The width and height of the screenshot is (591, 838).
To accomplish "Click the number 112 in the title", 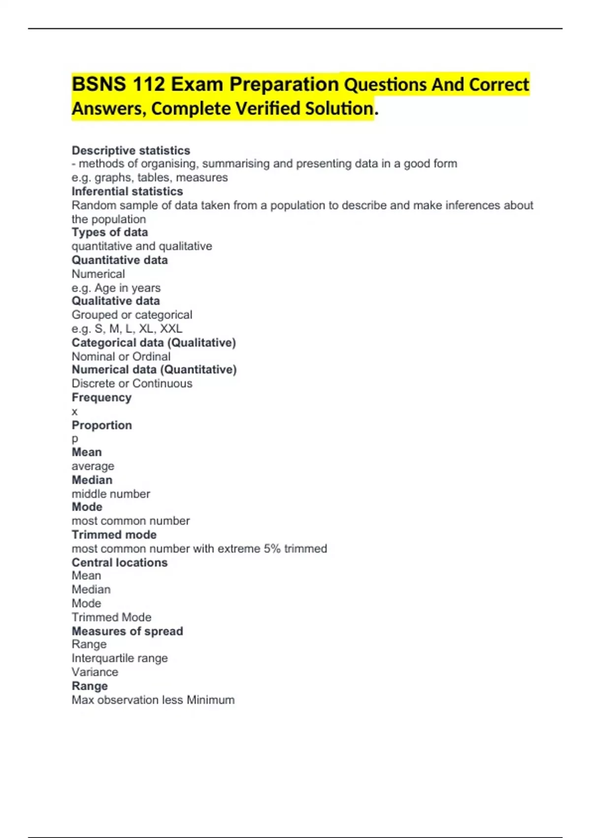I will tap(148, 84).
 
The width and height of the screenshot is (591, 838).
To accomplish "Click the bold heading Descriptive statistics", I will tap(131, 150).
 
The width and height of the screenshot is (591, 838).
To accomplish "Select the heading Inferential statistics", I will tap(127, 191).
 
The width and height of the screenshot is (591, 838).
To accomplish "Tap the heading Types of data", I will tap(109, 232).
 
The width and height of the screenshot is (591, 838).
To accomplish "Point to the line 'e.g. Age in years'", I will tap(116, 288).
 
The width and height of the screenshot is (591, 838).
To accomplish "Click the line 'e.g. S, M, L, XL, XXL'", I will tap(127, 329).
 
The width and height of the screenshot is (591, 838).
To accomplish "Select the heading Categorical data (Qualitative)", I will tap(154, 343).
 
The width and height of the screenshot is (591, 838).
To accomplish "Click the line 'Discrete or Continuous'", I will tap(131, 384).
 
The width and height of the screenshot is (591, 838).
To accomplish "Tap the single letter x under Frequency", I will tap(74, 412).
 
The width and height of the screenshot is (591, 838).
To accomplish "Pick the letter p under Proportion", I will tap(75, 439).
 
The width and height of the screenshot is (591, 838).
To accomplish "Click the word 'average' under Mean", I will tap(93, 466).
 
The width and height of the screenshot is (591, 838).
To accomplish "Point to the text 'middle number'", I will tap(111, 494).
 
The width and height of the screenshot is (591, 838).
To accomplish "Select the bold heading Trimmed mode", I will tap(114, 535).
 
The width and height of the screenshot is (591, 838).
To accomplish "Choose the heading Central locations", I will tap(119, 562).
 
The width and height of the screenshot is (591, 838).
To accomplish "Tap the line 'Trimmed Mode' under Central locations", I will tap(111, 617).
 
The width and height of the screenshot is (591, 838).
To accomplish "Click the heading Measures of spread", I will tap(127, 631).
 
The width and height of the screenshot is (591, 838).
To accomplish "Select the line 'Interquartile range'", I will tap(119, 658).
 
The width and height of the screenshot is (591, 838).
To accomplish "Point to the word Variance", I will tap(95, 672).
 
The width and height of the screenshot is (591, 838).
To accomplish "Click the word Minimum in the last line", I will tap(210, 700).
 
